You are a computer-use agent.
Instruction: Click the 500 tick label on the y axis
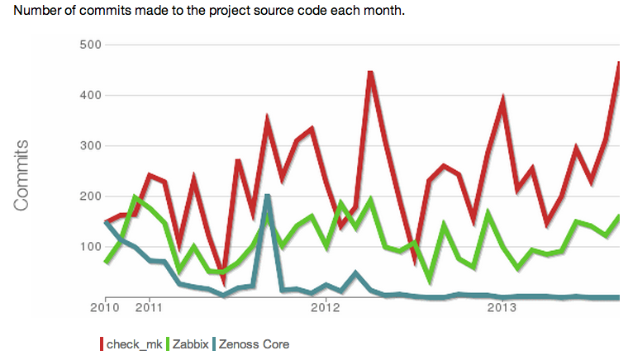click(89, 45)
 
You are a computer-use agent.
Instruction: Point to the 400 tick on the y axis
click(89, 95)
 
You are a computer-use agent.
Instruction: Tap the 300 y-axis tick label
click(89, 146)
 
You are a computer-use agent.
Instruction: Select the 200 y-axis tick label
click(89, 197)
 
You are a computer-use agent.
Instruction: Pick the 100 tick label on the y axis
click(89, 247)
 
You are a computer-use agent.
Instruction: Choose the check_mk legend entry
click(132, 343)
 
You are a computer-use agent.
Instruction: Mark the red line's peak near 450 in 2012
click(371, 73)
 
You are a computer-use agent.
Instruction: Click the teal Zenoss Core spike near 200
click(268, 197)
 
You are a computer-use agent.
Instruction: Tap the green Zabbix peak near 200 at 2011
click(136, 197)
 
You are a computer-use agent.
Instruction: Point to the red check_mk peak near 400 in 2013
click(503, 99)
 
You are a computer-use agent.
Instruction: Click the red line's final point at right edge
click(620, 63)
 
